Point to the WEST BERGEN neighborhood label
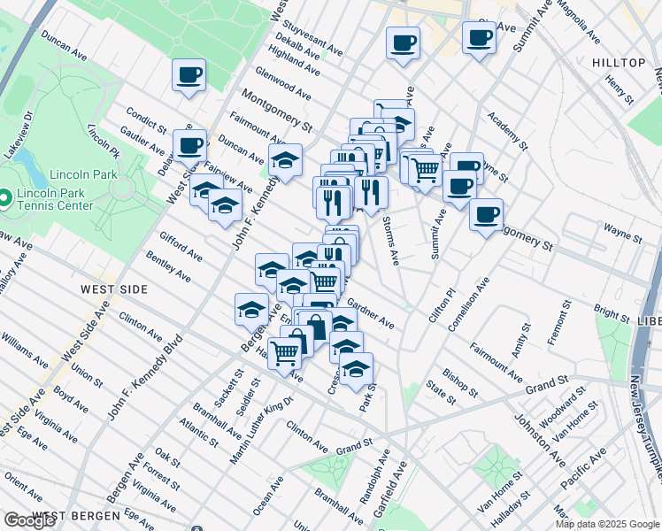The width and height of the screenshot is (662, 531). point(74,515)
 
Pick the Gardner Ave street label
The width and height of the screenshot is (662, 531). point(371,313)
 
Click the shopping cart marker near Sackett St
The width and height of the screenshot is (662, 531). point(284,353)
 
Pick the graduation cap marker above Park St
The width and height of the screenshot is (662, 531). point(356,367)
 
